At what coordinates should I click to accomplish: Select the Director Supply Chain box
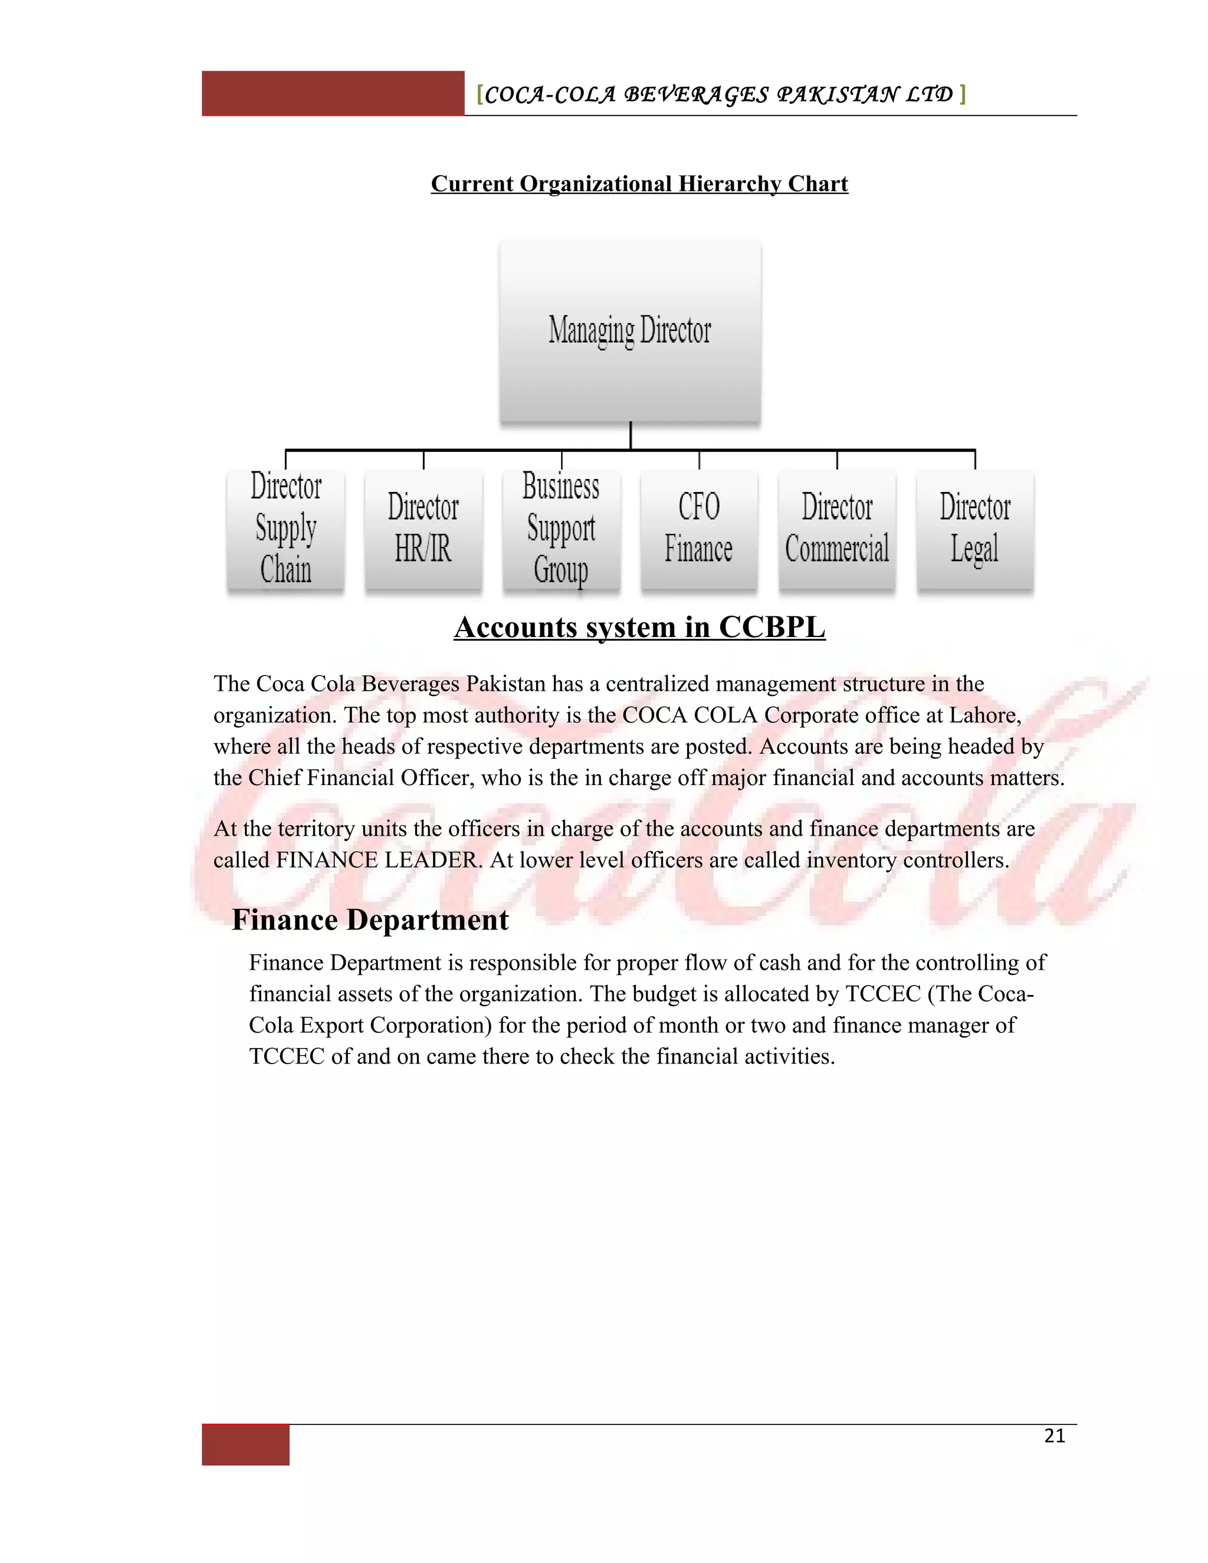[285, 529]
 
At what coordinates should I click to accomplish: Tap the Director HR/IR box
[423, 529]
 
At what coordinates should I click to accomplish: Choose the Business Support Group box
[561, 529]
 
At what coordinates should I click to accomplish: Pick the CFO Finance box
[698, 529]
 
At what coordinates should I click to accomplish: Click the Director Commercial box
[836, 529]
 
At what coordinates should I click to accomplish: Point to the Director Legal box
[974, 529]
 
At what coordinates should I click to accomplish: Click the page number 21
[1054, 1436]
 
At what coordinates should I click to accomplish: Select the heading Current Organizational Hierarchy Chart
[639, 184]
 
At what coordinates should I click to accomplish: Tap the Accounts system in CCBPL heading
[639, 628]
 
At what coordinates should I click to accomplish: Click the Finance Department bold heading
[370, 920]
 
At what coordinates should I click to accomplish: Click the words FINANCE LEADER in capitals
[376, 860]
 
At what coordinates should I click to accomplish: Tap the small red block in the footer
[245, 1445]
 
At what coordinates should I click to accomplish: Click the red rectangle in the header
[333, 93]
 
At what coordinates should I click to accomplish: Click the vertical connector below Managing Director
[631, 435]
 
